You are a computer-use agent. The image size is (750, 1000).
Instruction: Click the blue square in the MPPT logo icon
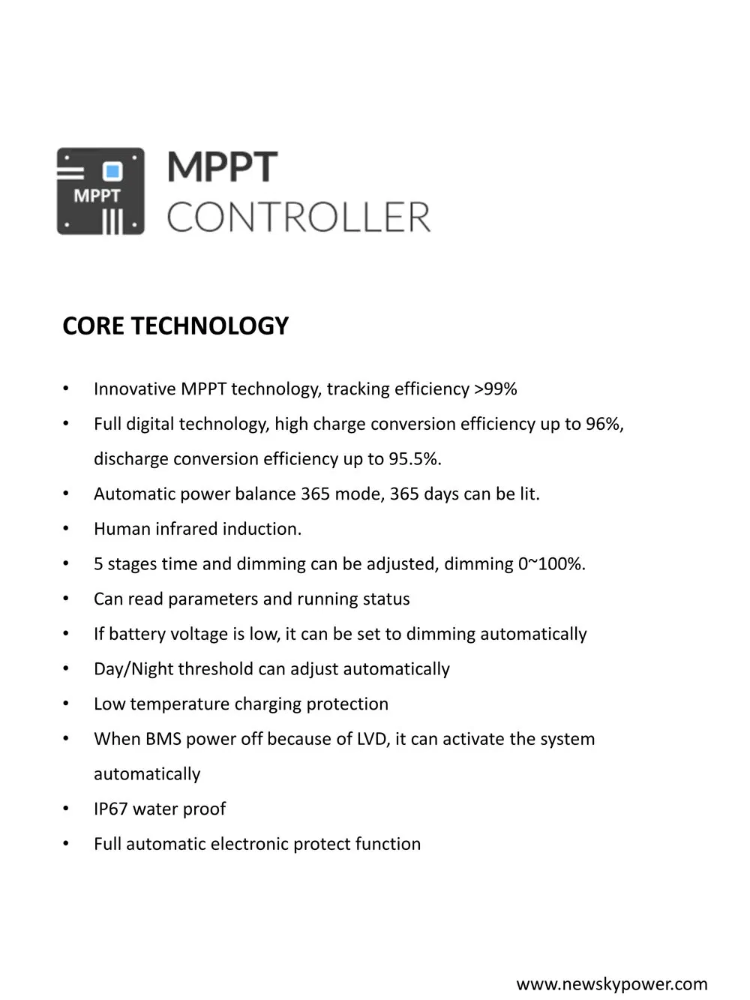pyautogui.click(x=113, y=172)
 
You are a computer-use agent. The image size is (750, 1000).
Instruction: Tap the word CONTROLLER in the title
pyautogui.click(x=298, y=218)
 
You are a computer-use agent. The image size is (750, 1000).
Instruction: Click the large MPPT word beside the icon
pyautogui.click(x=222, y=167)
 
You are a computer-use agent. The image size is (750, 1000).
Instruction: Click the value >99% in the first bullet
pyautogui.click(x=495, y=389)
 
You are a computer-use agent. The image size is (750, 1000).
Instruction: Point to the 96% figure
pyautogui.click(x=604, y=425)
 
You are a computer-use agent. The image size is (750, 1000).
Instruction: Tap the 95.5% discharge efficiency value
pyautogui.click(x=415, y=459)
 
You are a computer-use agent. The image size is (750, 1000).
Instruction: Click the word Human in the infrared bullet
pyautogui.click(x=122, y=530)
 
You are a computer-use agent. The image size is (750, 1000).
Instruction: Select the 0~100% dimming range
pyautogui.click(x=551, y=564)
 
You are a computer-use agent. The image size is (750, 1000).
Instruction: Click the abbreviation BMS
pyautogui.click(x=163, y=740)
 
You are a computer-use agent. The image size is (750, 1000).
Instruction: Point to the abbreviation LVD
pyautogui.click(x=373, y=740)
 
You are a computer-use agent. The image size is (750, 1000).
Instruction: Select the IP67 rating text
pyautogui.click(x=110, y=809)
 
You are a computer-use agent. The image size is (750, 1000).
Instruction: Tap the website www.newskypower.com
pyautogui.click(x=612, y=984)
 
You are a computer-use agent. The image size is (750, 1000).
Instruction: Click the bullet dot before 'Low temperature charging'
pyautogui.click(x=66, y=704)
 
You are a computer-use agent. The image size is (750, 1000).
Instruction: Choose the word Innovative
pyautogui.click(x=134, y=389)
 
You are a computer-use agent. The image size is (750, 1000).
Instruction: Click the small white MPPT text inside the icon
pyautogui.click(x=97, y=197)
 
